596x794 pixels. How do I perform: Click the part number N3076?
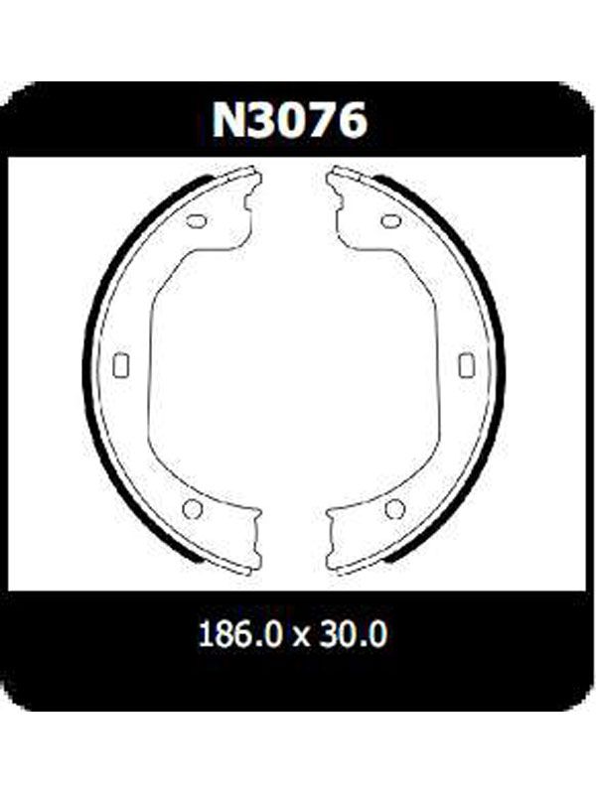coord(289,120)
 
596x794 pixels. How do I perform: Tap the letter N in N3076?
coord(229,120)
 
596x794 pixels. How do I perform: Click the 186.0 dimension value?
coord(239,634)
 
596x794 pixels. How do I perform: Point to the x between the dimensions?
coord(301,637)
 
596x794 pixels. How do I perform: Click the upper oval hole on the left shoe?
coord(197,221)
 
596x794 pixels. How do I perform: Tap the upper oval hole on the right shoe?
coord(390,221)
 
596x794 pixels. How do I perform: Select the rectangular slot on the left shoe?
coord(121,364)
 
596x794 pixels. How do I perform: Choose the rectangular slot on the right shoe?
coord(466,364)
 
